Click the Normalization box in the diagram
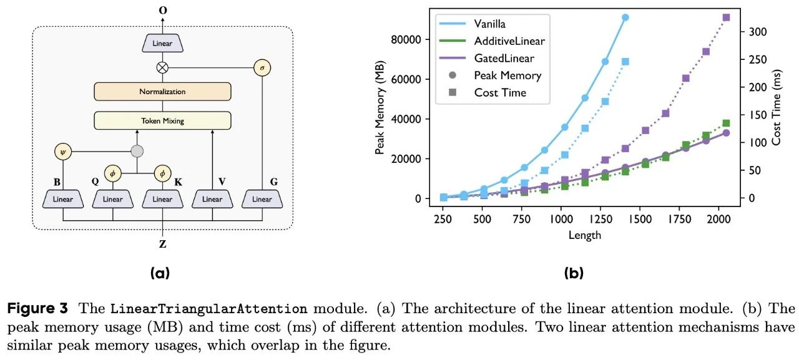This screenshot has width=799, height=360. point(162,91)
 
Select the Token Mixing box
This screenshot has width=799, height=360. point(162,120)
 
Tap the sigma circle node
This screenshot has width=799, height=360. point(262,67)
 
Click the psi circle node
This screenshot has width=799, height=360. point(62,151)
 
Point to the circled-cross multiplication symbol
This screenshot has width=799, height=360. point(162,67)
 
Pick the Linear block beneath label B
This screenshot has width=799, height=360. point(62,199)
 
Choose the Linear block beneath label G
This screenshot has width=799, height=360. point(262,199)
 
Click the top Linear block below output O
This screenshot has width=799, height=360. point(162,43)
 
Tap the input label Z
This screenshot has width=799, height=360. point(162,244)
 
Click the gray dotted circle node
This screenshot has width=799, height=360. point(137,151)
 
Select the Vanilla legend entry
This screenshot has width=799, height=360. point(490,24)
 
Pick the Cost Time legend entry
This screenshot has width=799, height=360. point(499,92)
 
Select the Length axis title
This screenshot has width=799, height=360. point(585,235)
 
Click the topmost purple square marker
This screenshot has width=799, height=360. point(726,17)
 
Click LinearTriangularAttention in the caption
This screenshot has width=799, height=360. point(208,309)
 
